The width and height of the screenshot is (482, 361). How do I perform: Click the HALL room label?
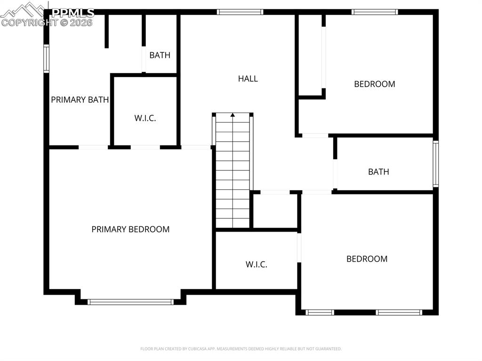click(248, 79)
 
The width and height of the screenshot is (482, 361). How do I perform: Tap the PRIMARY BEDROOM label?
click(130, 229)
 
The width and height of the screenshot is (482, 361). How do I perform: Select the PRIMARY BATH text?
click(80, 100)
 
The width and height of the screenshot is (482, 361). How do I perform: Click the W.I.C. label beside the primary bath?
click(145, 118)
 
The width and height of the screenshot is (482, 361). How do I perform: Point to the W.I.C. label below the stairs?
click(256, 265)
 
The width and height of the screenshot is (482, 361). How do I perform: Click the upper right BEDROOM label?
click(374, 84)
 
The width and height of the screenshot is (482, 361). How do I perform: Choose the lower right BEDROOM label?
click(367, 259)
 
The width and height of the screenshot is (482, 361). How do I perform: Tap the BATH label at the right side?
click(378, 172)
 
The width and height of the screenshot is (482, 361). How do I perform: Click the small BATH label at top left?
click(160, 55)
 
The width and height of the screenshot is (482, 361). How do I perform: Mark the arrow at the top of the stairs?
click(233, 114)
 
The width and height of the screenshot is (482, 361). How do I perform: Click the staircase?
click(233, 174)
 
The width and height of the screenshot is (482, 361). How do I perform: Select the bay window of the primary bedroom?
click(130, 302)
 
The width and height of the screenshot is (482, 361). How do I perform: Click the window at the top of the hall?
click(240, 12)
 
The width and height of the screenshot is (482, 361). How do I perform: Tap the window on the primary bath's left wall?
click(47, 58)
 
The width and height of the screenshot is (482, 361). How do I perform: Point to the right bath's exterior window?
click(435, 164)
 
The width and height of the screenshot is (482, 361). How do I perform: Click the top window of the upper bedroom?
click(375, 12)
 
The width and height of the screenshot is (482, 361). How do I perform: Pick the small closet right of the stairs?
click(275, 210)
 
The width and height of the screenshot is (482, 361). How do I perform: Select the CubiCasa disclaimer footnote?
click(241, 349)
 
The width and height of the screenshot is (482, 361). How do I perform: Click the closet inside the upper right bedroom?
click(311, 56)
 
